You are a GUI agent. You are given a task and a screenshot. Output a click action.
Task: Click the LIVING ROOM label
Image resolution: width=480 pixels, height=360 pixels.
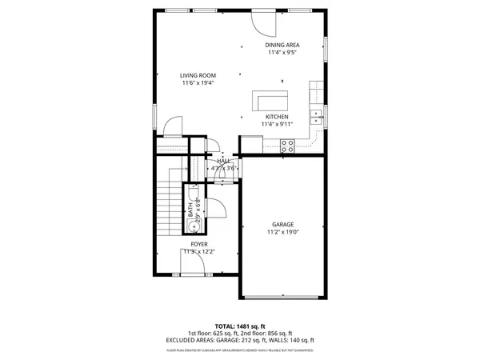(x=198, y=75)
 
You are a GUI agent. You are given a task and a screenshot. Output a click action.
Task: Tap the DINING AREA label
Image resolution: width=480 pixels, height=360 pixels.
(x=282, y=45)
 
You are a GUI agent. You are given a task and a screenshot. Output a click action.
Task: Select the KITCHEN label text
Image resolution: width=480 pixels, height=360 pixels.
(x=278, y=116)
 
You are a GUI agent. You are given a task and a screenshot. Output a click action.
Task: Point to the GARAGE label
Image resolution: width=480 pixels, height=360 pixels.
(x=282, y=224)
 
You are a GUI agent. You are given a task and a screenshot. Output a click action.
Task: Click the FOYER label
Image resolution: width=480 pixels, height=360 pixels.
(x=198, y=243)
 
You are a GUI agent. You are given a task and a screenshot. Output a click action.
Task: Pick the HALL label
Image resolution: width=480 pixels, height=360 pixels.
(x=224, y=161)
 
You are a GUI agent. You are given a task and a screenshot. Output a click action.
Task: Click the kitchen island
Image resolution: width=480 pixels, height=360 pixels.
(x=270, y=100)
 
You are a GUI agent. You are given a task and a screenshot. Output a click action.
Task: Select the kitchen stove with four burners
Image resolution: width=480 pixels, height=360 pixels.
(x=288, y=145)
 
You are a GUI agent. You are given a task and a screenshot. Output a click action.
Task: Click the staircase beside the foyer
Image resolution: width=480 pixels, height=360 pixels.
(x=166, y=206)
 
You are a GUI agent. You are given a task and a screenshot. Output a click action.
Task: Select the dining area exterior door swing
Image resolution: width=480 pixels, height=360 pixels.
(x=262, y=22)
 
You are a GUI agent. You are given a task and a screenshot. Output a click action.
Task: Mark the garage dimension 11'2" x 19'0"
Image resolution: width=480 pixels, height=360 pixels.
(x=282, y=232)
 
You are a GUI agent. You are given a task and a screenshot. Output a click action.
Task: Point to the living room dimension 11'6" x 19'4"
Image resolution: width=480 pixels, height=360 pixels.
(x=198, y=83)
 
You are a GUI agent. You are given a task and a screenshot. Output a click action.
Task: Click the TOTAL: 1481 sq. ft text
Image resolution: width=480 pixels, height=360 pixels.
(x=240, y=326)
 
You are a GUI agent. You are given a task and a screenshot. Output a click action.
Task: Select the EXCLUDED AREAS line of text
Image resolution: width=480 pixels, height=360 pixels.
(x=240, y=340)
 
